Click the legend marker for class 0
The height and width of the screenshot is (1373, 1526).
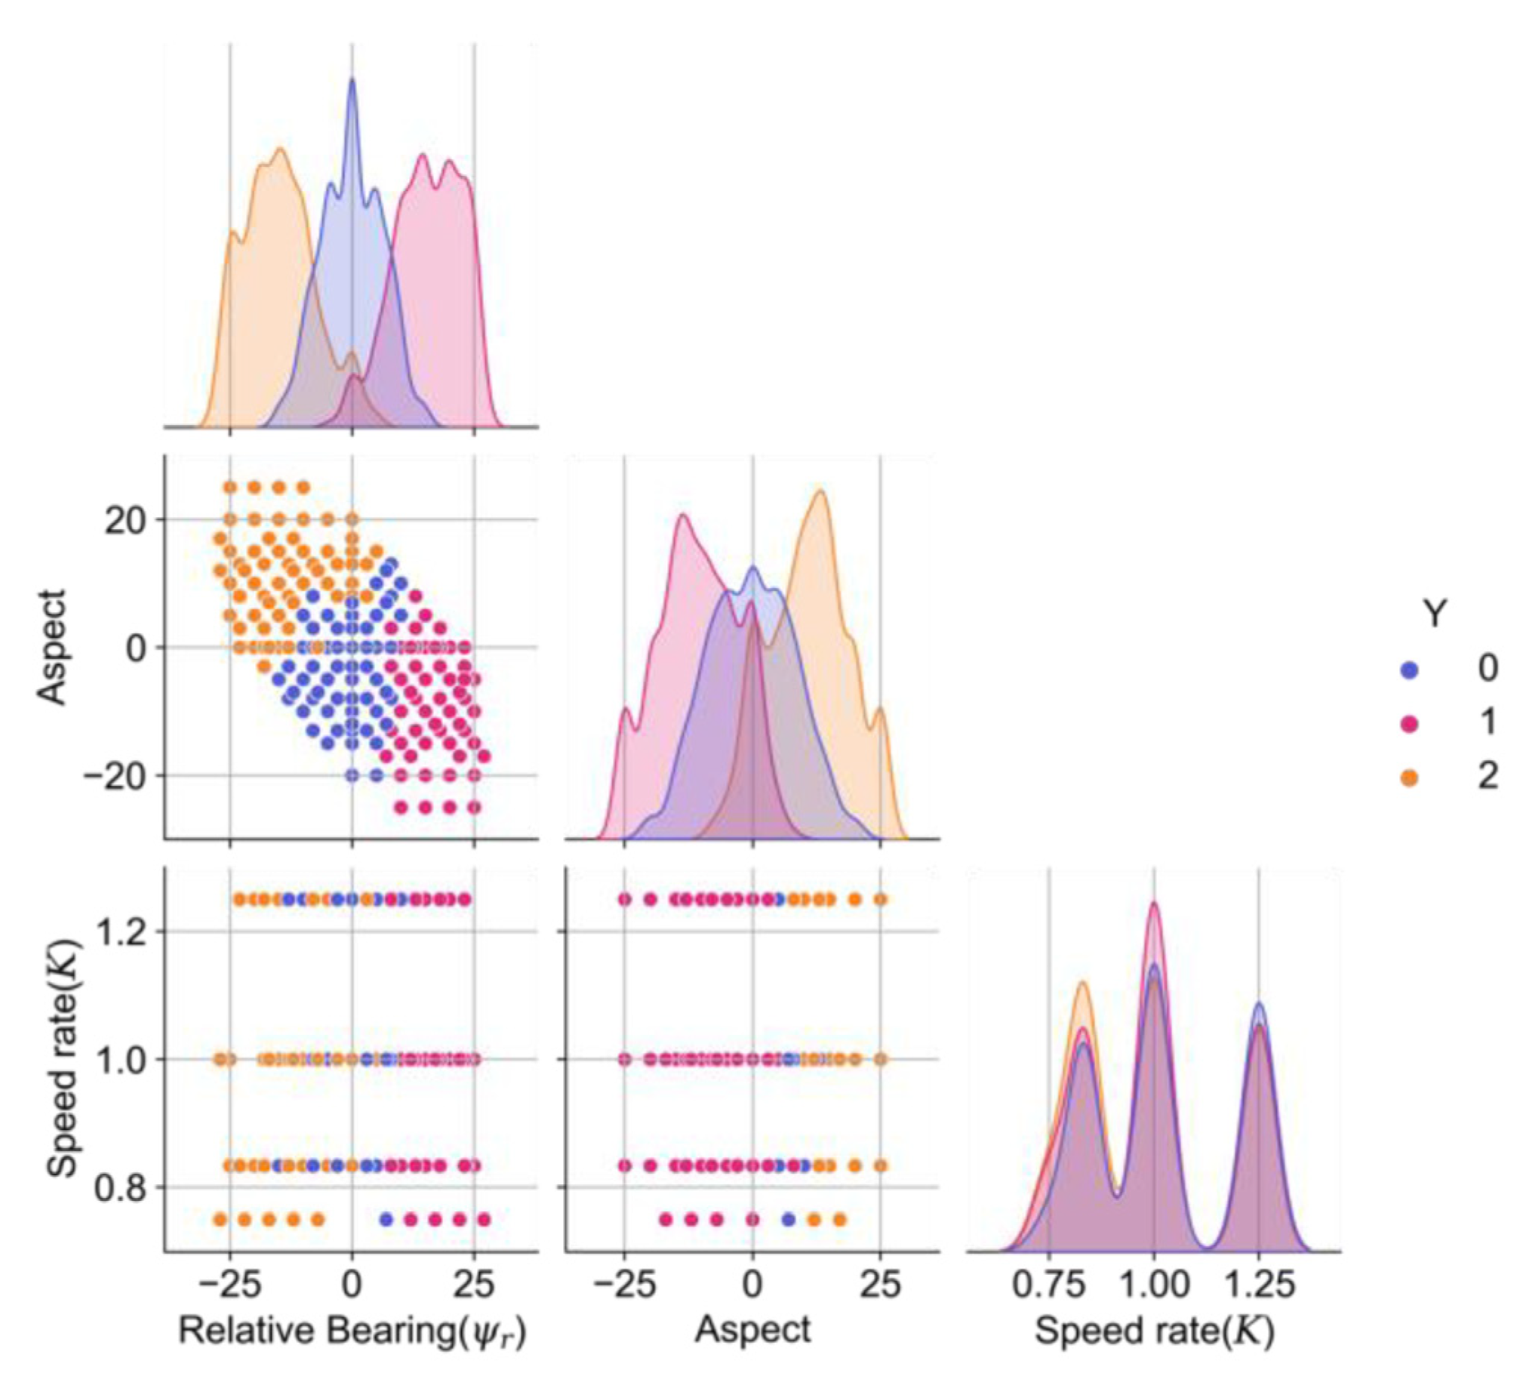pos(1408,669)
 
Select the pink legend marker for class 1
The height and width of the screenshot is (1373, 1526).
pos(1408,724)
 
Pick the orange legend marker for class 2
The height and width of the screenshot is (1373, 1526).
pos(1408,778)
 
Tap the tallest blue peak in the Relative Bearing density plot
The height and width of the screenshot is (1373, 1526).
pos(352,79)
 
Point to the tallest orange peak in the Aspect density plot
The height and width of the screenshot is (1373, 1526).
pos(820,491)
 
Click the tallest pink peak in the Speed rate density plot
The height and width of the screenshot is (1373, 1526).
pos(1153,904)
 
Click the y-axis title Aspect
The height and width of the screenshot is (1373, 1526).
pos(53,647)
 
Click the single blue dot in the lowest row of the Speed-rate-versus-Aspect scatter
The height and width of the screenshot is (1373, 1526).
pos(789,1219)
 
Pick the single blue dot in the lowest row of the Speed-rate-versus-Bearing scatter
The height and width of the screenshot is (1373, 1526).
pos(386,1219)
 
